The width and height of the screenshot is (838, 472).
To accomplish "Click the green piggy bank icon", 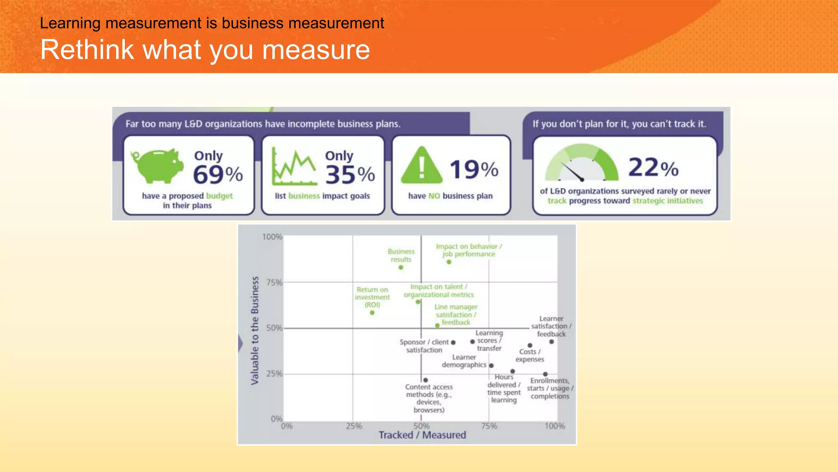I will point(158,166).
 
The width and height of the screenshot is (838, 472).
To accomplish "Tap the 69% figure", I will point(218,175).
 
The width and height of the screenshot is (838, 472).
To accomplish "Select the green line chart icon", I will point(294,167).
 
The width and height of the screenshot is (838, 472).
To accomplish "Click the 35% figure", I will point(350,175).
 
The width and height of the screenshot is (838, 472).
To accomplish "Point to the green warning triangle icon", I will point(422,166).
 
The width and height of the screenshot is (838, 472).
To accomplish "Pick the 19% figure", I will point(474,170).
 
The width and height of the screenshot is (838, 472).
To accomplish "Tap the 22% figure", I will point(653,168).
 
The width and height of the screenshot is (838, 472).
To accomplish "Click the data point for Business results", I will point(401,268).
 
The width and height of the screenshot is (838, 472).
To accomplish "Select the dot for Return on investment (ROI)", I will point(372,313).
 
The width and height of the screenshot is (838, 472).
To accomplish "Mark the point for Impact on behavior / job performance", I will point(449,262).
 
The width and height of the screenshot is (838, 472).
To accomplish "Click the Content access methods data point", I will point(426,380).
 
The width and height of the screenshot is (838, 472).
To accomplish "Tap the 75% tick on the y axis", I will point(275,282).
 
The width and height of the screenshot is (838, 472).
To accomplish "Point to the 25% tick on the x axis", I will point(354,426).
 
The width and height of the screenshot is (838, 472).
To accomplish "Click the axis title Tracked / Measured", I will point(422,435).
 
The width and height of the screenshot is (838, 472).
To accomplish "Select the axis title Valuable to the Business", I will point(255,330).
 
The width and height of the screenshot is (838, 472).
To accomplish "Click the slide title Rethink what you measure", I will point(205,50).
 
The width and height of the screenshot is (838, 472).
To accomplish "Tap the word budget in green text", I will point(219,196).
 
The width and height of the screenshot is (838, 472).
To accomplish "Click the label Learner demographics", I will point(464,361).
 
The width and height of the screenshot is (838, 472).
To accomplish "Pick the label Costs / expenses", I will point(529,355).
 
